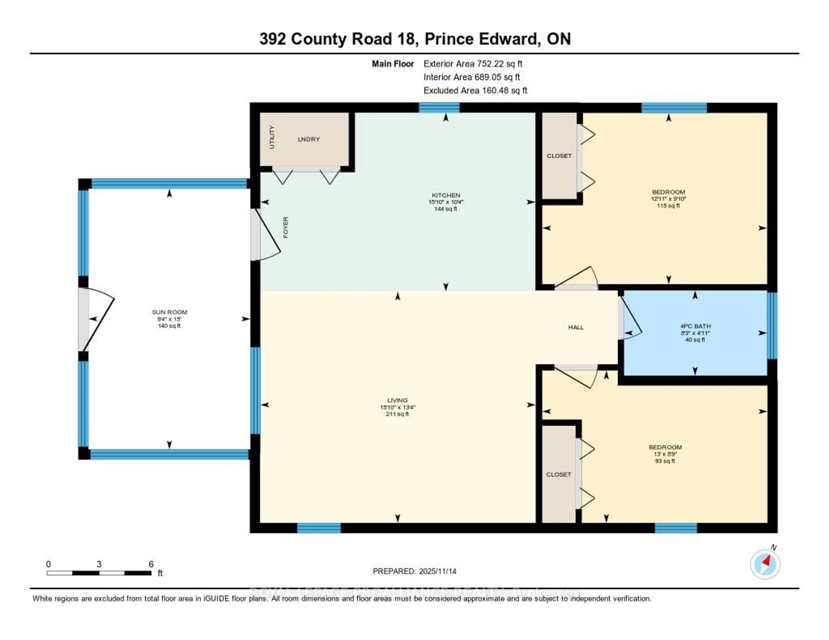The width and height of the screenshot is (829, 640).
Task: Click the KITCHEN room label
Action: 446,195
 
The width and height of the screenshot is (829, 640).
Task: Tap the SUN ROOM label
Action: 169,312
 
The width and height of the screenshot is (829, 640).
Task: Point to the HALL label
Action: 576,327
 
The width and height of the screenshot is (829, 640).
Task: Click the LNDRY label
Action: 309,139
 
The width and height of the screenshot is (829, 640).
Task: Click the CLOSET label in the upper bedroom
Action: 559,156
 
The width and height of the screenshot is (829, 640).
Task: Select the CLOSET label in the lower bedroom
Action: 558,474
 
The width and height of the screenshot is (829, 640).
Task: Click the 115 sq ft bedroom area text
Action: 668,206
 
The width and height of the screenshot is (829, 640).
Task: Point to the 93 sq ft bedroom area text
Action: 665,461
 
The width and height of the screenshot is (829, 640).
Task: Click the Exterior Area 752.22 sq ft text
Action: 473,64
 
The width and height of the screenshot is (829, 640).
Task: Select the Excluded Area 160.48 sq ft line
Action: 475,90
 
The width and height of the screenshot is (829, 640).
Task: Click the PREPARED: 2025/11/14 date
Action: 414,571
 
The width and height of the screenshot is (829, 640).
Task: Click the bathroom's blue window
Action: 772,325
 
